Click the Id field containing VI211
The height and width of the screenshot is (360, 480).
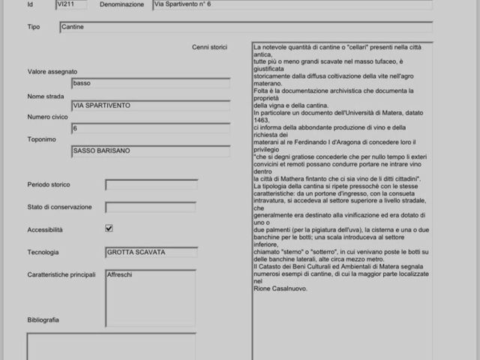tap(72, 4)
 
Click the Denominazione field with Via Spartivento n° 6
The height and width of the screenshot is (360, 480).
tap(292, 4)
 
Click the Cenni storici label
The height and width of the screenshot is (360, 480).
tap(209, 47)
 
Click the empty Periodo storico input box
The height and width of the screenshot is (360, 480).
tap(151, 184)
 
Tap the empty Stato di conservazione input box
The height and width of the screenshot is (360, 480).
tap(151, 207)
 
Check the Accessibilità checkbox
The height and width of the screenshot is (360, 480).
tap(109, 229)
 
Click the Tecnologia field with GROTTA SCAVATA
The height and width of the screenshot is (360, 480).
tap(151, 253)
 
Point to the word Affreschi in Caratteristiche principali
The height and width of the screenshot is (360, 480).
tap(121, 275)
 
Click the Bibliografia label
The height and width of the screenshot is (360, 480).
tap(43, 320)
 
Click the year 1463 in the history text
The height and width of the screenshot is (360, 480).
tap(261, 120)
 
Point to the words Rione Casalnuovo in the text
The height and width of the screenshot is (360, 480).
tap(280, 288)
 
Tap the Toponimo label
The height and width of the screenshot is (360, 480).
tap(42, 139)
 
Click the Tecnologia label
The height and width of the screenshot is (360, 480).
tap(43, 253)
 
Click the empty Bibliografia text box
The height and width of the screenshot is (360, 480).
tap(111, 346)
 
